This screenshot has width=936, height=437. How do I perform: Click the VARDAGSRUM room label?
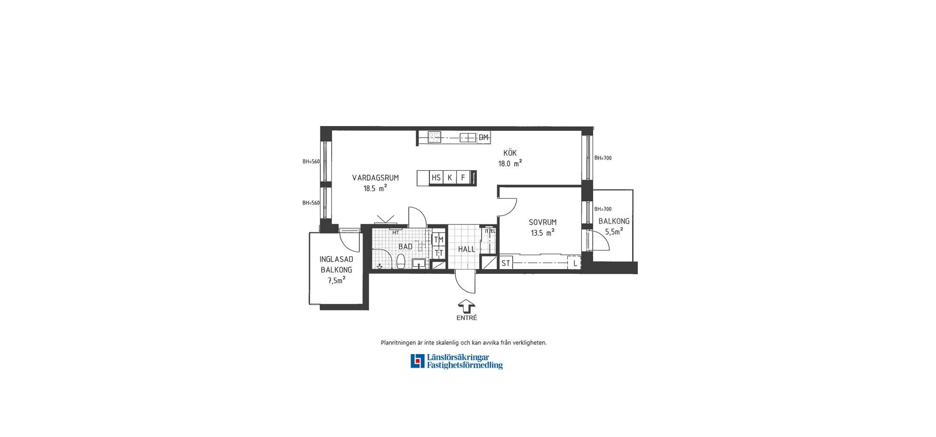[x=375, y=178]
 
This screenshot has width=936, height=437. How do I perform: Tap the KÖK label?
[x=510, y=153]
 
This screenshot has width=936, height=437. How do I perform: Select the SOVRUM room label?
[x=542, y=222]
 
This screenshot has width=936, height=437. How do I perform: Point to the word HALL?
[x=467, y=249]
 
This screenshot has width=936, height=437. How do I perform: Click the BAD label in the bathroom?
[x=405, y=246]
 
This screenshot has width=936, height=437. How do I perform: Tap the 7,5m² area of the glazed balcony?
[x=336, y=280]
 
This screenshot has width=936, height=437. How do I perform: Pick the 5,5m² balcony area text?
[x=614, y=231]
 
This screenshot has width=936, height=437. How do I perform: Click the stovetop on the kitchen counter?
[x=434, y=137]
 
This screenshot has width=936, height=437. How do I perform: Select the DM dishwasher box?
[x=484, y=137]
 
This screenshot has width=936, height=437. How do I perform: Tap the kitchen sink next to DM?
[x=468, y=137]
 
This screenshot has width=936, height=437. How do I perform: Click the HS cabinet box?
[x=436, y=178]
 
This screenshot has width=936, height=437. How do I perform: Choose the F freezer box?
[x=463, y=178]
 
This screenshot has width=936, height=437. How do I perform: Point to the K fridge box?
[x=450, y=178]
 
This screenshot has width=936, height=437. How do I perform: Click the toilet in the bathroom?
[x=401, y=261]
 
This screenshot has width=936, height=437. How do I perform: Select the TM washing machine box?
[x=438, y=239]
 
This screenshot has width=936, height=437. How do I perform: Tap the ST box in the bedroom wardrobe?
[x=506, y=263]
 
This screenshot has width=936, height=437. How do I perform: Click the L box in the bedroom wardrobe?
[x=575, y=263]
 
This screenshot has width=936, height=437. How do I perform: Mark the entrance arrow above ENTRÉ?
[x=466, y=306]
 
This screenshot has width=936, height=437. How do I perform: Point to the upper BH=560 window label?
[x=311, y=161]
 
